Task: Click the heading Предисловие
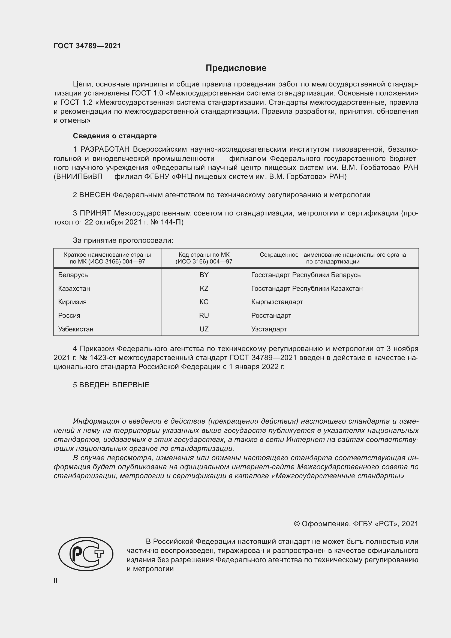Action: [236, 68]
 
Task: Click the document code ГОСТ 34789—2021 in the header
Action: [87, 46]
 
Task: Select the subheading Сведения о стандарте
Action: [115, 136]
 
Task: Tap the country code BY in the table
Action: [204, 275]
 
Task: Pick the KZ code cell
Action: [204, 288]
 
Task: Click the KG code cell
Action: [204, 302]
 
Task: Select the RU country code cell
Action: [204, 315]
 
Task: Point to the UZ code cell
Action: [204, 329]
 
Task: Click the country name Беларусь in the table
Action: [73, 275]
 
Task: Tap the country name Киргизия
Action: [72, 302]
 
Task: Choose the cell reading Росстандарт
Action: [271, 315]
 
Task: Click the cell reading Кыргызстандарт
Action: [277, 302]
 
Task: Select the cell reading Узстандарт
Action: [269, 329]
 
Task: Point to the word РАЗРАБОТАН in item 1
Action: [105, 149]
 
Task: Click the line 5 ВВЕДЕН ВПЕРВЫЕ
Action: [111, 385]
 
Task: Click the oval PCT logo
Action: [86, 554]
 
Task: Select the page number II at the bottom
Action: [56, 580]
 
